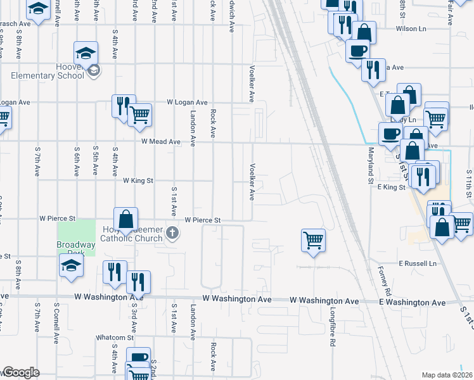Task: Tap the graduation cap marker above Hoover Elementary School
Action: pyautogui.click(x=86, y=53)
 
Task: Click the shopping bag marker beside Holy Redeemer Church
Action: pyautogui.click(x=126, y=219)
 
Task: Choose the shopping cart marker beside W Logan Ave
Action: pyautogui.click(x=139, y=115)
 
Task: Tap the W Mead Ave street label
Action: pyautogui.click(x=161, y=142)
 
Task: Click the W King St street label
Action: pyautogui.click(x=138, y=180)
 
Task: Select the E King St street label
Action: pyautogui.click(x=390, y=187)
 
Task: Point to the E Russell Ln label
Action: pyautogui.click(x=418, y=263)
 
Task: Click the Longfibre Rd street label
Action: pyautogui.click(x=332, y=327)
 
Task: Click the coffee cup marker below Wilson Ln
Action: pyautogui.click(x=357, y=51)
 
